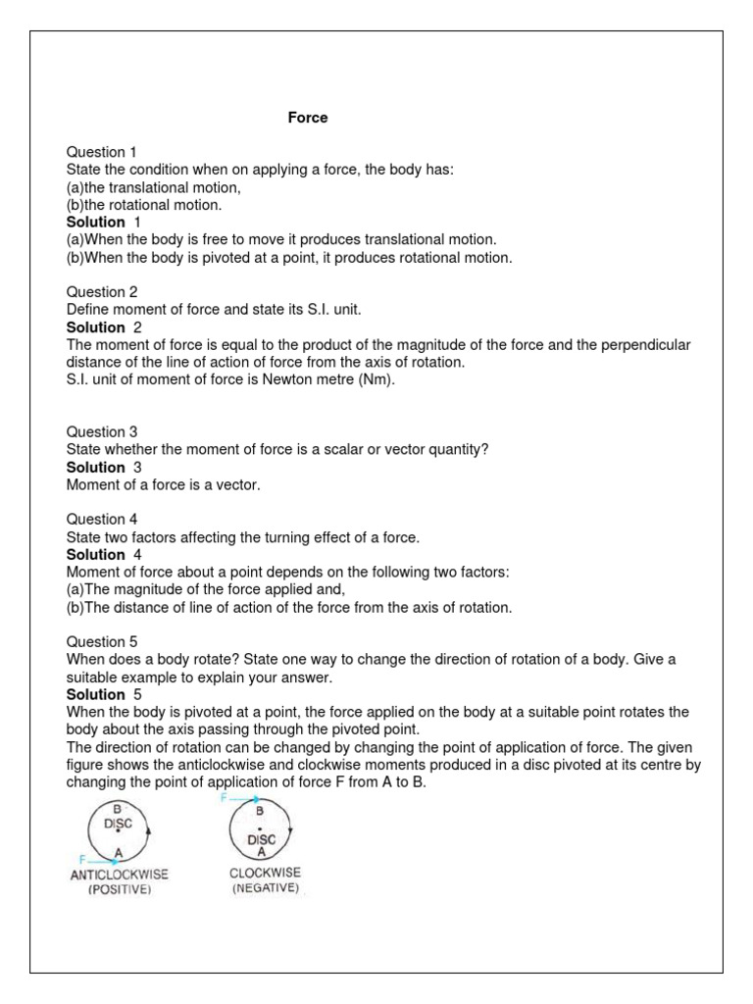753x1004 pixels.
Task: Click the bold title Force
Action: point(308,118)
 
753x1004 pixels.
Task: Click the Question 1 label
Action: point(102,152)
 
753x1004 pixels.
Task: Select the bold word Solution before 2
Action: point(95,327)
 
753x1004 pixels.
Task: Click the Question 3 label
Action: point(102,431)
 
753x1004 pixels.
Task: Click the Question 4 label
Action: point(102,520)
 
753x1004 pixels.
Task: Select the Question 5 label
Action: point(102,641)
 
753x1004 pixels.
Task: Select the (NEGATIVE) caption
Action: point(266,888)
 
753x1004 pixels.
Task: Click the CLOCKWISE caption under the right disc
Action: point(266,873)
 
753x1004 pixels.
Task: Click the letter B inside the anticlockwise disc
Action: point(116,808)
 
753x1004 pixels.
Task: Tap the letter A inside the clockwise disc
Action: point(260,851)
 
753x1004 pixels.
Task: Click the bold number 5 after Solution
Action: point(137,694)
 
